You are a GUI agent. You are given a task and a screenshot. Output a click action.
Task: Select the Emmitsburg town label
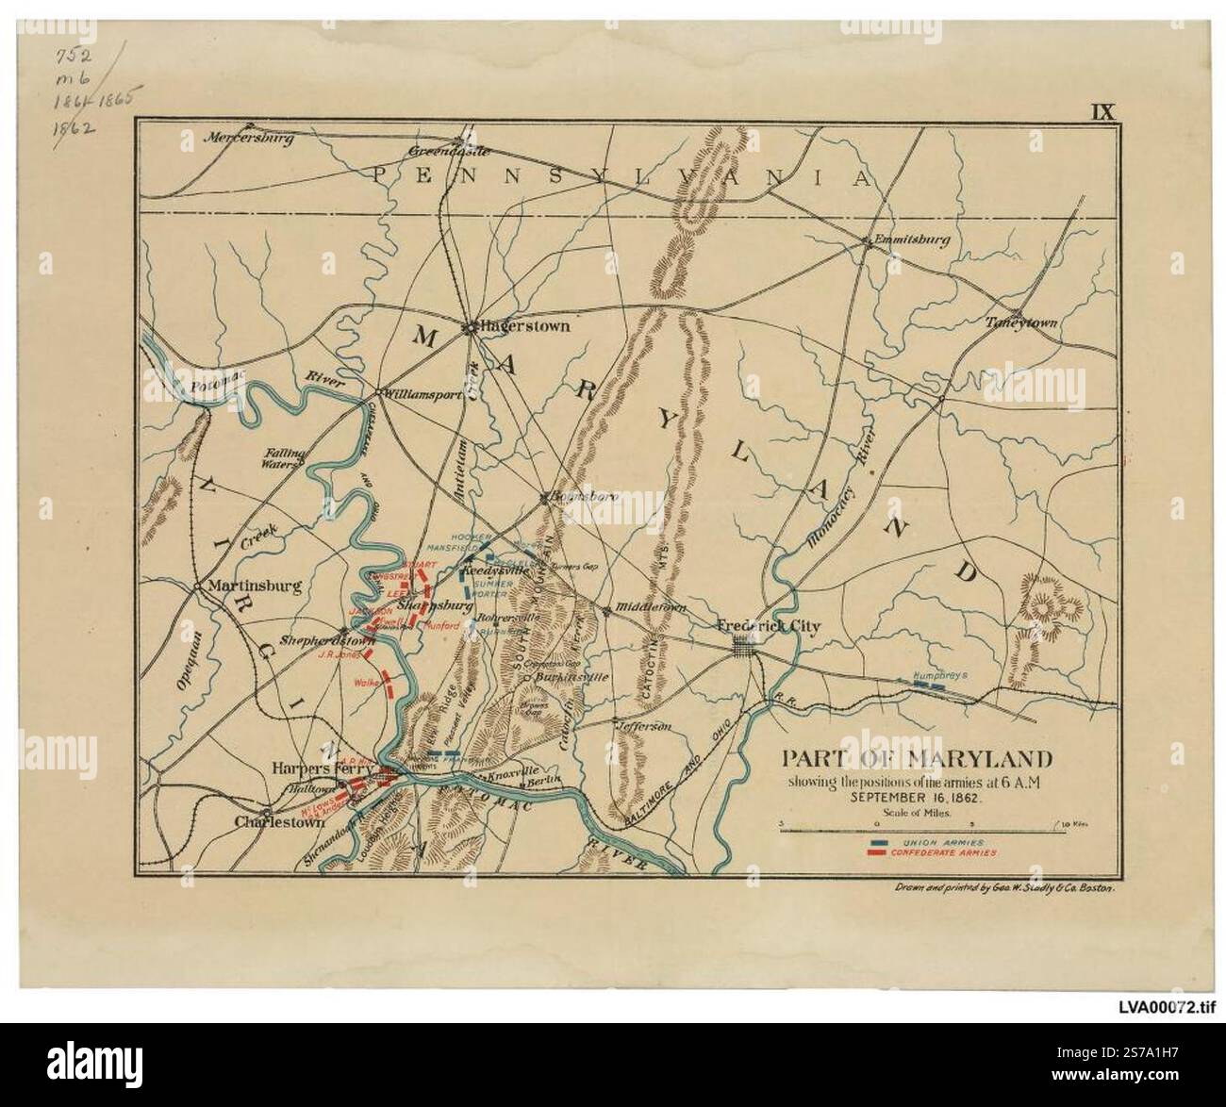coord(911,240)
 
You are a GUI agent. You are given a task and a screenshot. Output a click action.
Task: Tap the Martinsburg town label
coord(254,586)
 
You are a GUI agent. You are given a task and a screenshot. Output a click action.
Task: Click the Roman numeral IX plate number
coord(1102,111)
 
